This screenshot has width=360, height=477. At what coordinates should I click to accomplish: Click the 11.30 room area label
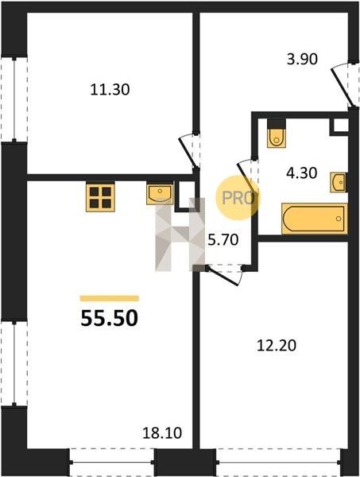110,90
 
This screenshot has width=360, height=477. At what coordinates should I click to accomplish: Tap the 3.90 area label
302,59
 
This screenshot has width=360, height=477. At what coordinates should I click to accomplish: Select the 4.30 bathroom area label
302,173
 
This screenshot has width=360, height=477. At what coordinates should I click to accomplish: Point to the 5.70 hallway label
223,240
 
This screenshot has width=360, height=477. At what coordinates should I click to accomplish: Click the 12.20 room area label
277,346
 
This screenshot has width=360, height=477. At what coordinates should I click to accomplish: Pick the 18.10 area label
162,433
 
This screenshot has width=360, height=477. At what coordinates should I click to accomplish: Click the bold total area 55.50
110,318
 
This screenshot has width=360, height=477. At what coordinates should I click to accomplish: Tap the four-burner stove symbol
100,198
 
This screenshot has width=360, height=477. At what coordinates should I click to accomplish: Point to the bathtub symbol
315,219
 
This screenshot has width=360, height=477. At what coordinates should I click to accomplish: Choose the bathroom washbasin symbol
338,182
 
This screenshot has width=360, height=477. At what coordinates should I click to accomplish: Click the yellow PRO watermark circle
238,198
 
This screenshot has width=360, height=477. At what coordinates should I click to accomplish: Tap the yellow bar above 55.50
110,298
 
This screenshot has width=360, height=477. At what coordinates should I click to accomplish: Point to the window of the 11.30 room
14,99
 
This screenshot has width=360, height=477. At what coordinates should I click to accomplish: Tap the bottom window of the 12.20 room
278,462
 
